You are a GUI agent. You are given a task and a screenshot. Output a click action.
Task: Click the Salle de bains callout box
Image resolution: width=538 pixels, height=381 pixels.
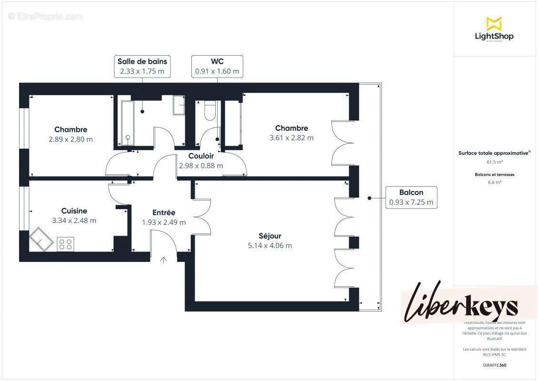[x=142, y=67]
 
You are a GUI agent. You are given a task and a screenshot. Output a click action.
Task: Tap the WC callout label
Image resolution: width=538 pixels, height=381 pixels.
[x=217, y=67]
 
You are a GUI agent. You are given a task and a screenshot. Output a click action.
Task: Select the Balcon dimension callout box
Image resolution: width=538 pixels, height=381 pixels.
[x=411, y=197]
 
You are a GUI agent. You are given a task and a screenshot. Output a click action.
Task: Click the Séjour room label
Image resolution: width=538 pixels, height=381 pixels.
[x=269, y=236]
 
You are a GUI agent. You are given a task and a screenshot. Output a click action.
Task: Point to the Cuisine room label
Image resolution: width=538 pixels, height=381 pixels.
[x=74, y=211]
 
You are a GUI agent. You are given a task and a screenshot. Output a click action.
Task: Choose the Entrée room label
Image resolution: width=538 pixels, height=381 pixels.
[x=164, y=212]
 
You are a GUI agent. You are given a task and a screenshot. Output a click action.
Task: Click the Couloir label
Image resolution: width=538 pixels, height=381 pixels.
[x=201, y=156]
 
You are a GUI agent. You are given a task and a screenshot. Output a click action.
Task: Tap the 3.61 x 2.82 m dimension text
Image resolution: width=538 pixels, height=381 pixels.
[x=291, y=138]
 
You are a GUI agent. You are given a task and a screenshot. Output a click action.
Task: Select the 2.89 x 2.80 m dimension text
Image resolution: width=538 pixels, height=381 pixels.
[x=70, y=140]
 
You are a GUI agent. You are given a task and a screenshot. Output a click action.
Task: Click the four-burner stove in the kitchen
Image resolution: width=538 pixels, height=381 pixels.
[x=65, y=244]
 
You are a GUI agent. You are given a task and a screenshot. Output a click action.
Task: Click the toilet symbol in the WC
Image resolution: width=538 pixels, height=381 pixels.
[x=209, y=111]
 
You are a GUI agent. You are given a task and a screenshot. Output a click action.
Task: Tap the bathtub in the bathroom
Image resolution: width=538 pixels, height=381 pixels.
[x=127, y=123]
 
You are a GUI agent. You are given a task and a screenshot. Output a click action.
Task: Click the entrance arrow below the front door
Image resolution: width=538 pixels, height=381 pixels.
[x=164, y=260]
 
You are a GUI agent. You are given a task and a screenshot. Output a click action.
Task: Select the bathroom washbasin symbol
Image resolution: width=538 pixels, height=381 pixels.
[x=179, y=105]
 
